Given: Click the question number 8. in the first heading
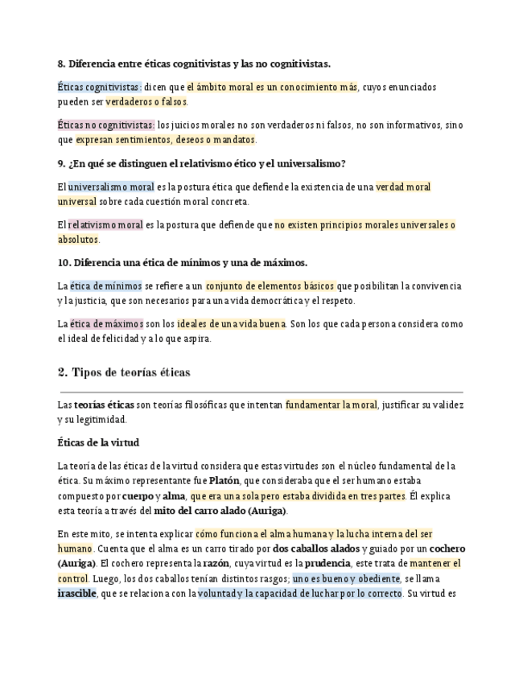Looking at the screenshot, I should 61,64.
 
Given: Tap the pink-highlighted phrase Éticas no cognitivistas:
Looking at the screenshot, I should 106,125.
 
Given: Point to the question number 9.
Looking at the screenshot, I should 61,163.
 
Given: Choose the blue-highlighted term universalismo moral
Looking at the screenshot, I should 111,187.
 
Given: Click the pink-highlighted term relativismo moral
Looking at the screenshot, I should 105,225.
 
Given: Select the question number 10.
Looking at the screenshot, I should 64,263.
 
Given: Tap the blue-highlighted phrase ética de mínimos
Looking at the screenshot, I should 105,286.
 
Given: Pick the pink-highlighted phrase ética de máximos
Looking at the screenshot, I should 106,323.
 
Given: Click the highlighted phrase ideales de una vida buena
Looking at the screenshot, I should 231,323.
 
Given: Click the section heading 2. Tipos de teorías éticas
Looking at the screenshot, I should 124,372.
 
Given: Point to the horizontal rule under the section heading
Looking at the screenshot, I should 261,392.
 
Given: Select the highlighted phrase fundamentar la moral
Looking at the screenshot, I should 331,405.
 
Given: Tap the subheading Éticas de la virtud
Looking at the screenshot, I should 98,442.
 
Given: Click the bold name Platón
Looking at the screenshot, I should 224,481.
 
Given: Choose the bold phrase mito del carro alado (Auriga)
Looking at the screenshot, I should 220,511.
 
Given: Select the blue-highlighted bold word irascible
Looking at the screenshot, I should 76,594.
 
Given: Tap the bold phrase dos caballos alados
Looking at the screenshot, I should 316,548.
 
